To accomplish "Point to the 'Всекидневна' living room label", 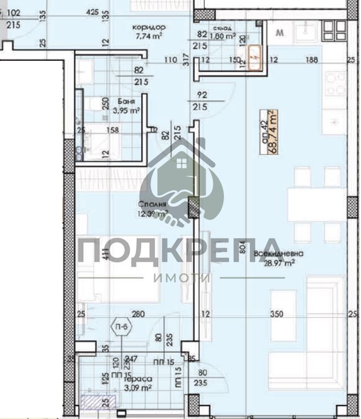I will pyautogui.click(x=278, y=253).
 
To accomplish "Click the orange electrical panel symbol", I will pyautogui.click(x=255, y=57).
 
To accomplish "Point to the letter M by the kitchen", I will pyautogui.click(x=280, y=33).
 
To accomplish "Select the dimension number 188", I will pyautogui.click(x=312, y=60).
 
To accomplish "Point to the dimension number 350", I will pyautogui.click(x=277, y=314).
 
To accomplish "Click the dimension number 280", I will pyautogui.click(x=138, y=314).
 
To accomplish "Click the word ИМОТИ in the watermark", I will pyautogui.click(x=181, y=278).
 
